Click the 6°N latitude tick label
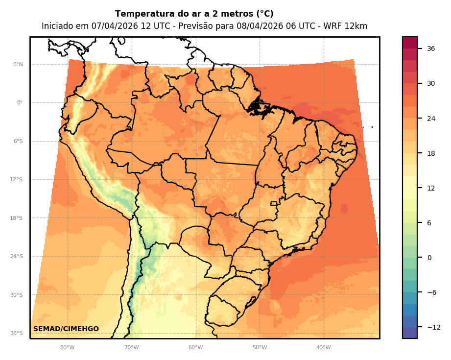click(x=18, y=64)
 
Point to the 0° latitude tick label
click(x=20, y=103)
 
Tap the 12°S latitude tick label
click(x=17, y=180)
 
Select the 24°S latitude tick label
click(x=17, y=257)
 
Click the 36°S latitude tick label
click(x=17, y=334)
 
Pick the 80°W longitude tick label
click(x=67, y=348)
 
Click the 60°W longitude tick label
click(x=195, y=348)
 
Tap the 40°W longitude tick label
click(x=323, y=348)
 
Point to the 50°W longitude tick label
click(x=260, y=348)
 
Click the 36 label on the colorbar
click(x=431, y=48)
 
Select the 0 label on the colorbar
click(x=429, y=258)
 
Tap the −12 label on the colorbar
click(x=433, y=327)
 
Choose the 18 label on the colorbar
click(x=431, y=153)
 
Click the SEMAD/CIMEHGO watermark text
click(x=66, y=329)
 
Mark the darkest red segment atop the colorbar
click(x=410, y=43)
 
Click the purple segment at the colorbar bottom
click(x=410, y=333)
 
